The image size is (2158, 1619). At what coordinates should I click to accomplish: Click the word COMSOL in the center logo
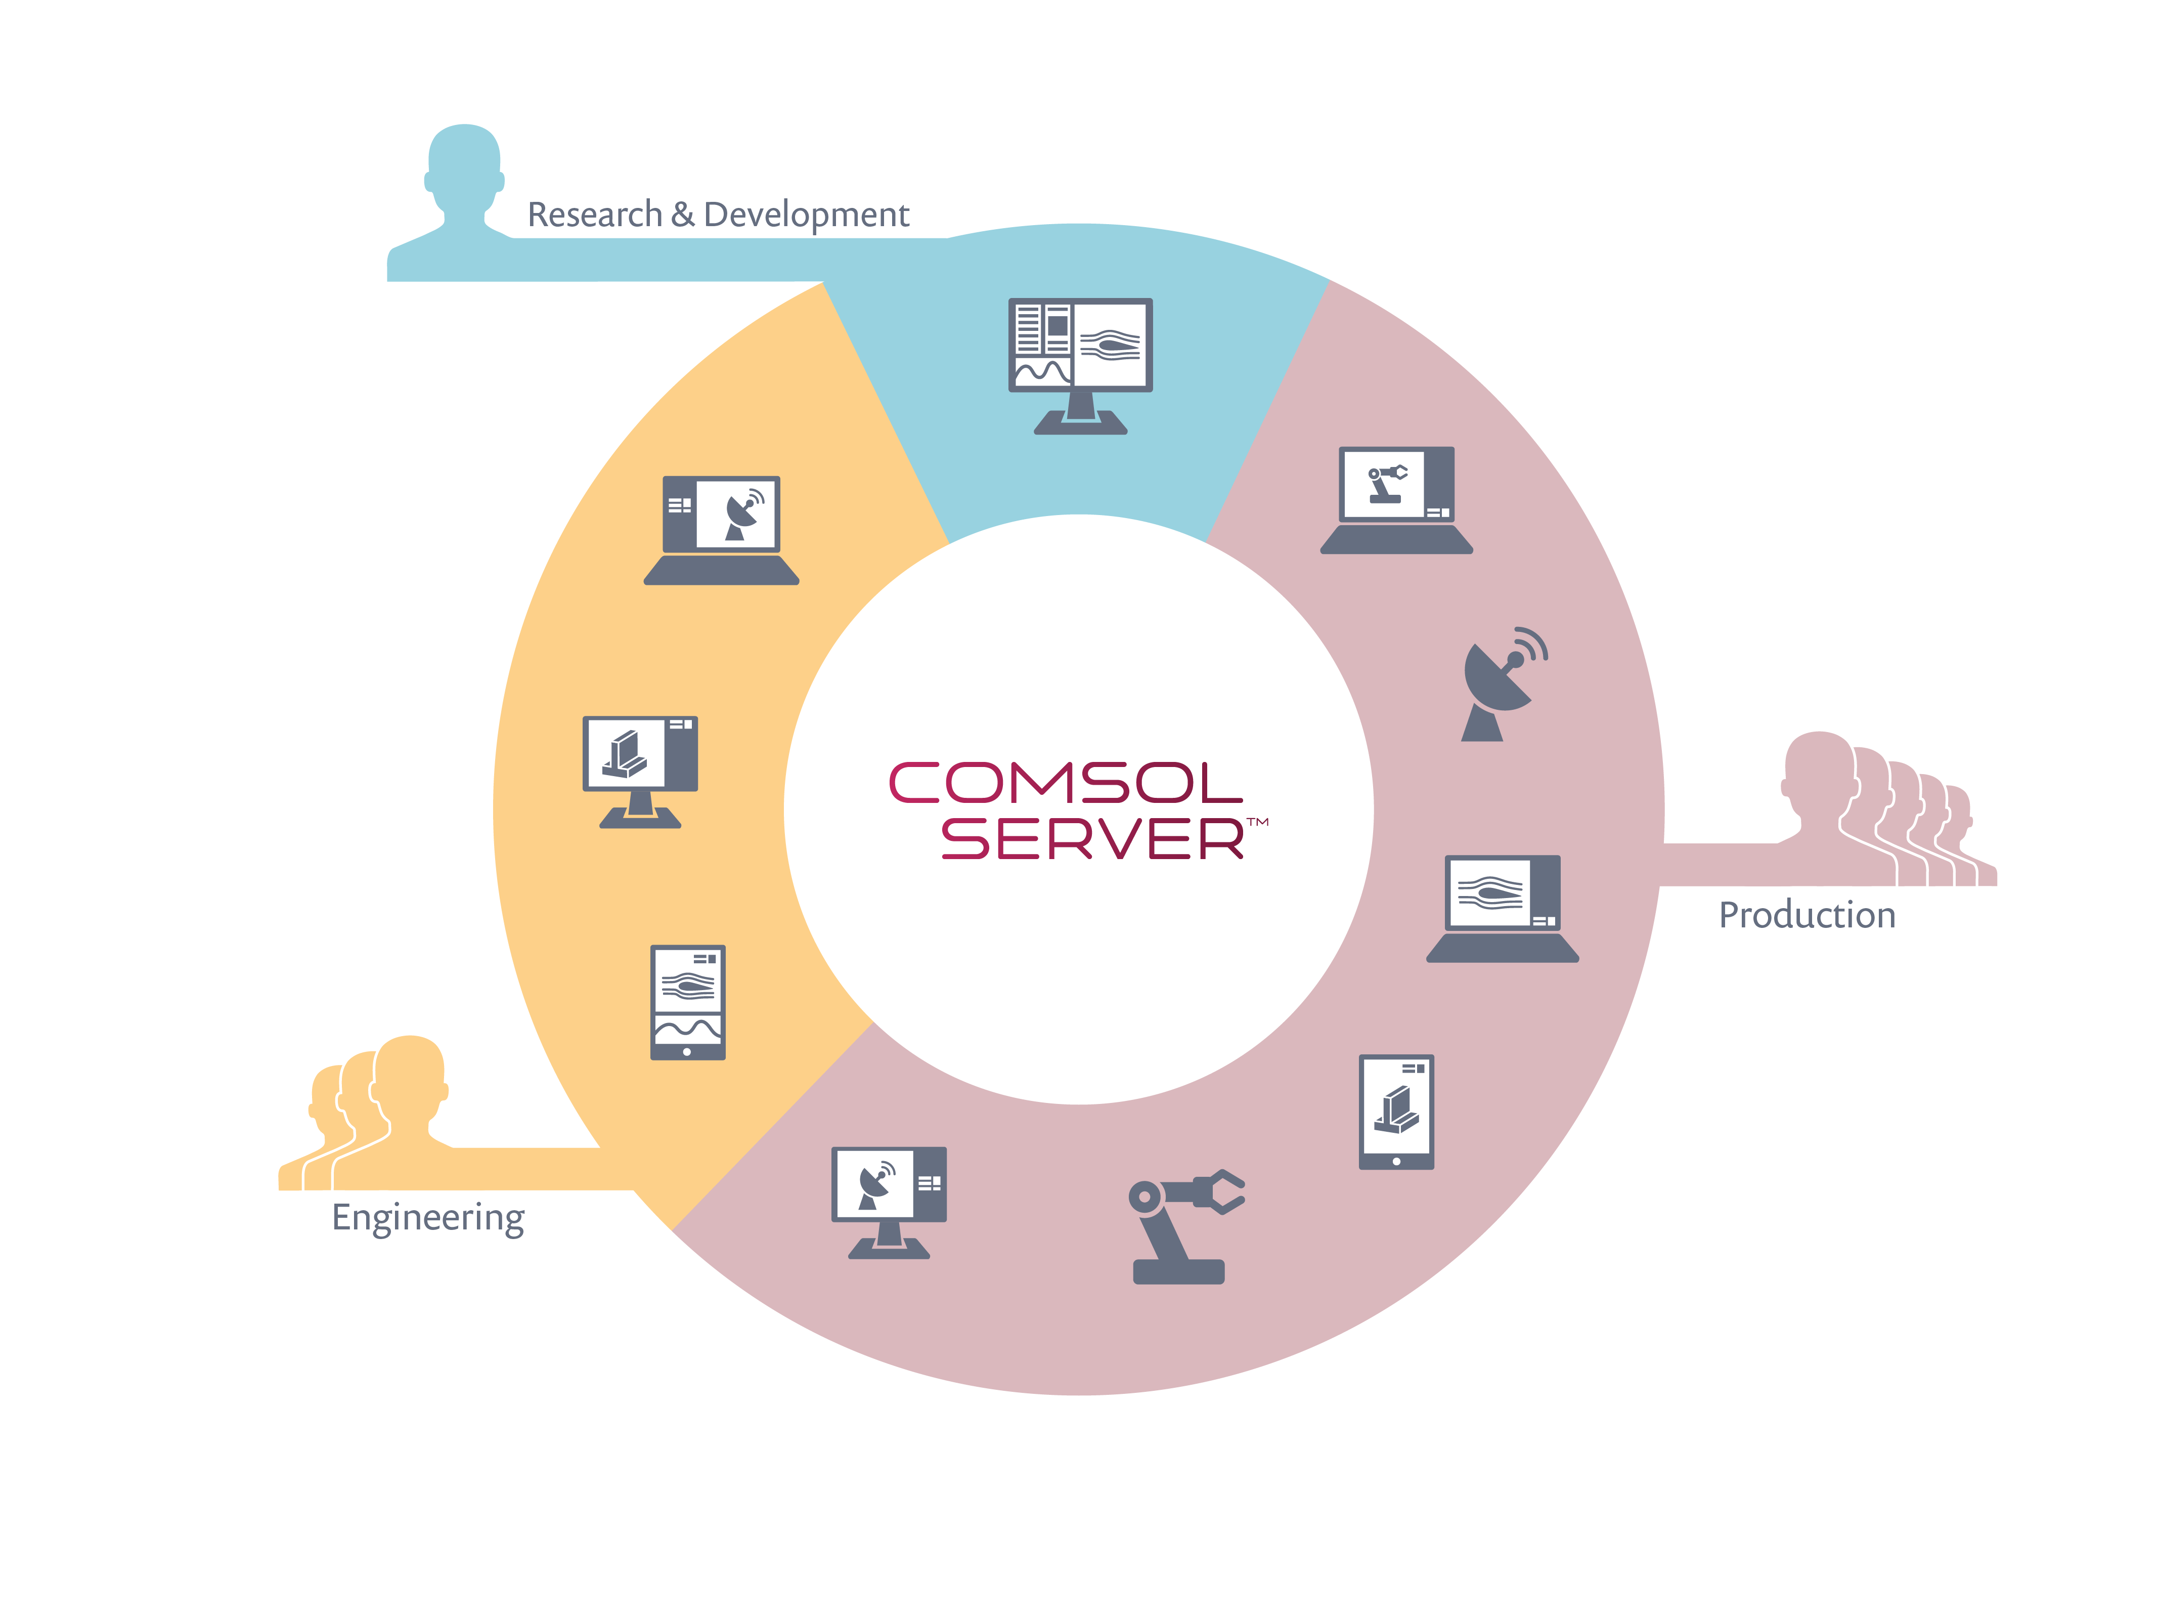point(1065,783)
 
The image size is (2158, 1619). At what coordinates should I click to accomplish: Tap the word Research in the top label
point(594,214)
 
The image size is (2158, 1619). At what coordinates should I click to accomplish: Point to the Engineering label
point(428,1218)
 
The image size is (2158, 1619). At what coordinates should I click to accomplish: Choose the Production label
point(1807,915)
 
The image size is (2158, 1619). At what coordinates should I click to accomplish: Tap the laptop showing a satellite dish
point(721,530)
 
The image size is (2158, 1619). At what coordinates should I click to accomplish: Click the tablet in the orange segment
point(688,1002)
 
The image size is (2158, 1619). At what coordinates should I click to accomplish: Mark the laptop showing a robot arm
point(1396,500)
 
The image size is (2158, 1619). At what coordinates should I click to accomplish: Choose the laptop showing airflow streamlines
point(1503,909)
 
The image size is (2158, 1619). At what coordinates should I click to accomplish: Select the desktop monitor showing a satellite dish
point(889,1202)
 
